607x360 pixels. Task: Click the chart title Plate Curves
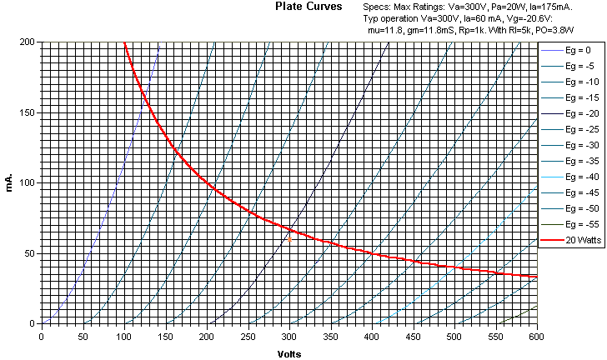point(308,7)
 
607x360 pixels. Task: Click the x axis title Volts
point(288,353)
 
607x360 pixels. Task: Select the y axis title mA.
point(9,182)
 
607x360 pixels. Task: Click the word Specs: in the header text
point(378,7)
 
